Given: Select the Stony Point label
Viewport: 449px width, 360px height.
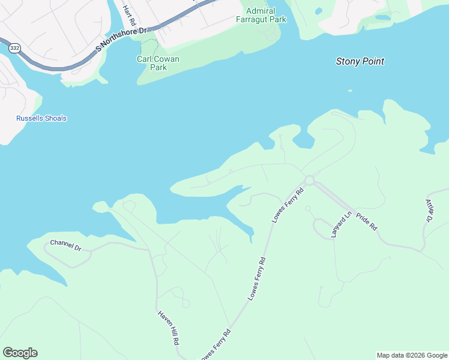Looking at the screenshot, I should [x=360, y=61].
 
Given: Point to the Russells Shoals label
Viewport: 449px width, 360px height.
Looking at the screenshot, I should [x=41, y=118].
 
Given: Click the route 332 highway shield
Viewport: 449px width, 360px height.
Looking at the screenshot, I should [x=15, y=47].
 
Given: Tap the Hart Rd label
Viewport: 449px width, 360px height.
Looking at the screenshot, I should [x=129, y=16].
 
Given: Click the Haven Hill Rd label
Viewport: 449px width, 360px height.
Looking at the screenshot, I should [x=169, y=328].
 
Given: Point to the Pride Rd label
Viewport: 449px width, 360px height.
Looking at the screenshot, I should [x=366, y=221].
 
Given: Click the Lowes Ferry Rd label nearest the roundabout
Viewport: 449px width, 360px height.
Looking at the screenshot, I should [x=288, y=205].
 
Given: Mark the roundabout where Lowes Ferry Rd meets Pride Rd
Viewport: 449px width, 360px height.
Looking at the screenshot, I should [x=310, y=180].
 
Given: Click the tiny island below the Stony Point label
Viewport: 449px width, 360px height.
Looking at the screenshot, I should [x=350, y=91].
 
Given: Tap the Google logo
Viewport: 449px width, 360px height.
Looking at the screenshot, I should [x=20, y=353].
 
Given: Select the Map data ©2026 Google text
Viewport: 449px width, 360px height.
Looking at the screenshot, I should [x=412, y=355].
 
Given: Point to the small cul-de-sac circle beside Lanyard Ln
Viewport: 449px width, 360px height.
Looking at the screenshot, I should [x=307, y=208].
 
